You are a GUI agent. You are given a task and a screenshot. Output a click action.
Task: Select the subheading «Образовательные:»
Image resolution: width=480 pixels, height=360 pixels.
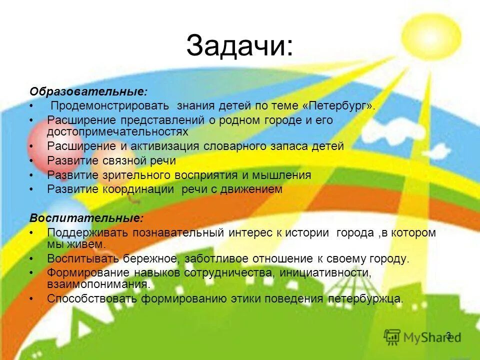[88, 92]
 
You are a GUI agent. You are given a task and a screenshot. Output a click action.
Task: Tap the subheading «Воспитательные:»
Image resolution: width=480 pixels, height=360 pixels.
[86, 218]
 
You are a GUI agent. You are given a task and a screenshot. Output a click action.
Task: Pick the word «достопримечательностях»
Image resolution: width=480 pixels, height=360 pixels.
[117, 131]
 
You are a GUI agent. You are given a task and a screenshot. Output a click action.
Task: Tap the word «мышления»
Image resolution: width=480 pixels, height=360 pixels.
[282, 175]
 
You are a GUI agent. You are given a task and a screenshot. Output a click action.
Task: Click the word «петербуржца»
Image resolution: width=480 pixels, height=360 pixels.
[365, 299]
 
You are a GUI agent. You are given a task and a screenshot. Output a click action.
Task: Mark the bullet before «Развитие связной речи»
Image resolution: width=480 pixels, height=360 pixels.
[31, 161]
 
